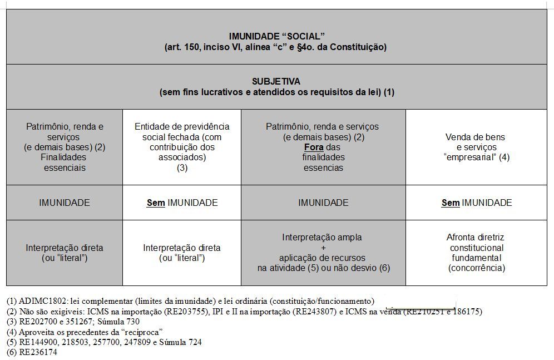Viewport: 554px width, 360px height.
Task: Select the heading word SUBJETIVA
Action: pos(276,81)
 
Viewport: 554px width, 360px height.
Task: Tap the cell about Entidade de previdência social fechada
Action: pos(182,147)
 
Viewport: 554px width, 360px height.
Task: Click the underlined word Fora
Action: pos(314,147)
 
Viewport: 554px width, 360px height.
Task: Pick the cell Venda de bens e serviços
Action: pos(477,147)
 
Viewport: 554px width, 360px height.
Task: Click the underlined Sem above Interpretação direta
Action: pos(156,203)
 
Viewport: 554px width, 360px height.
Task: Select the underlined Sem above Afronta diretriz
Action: pos(451,203)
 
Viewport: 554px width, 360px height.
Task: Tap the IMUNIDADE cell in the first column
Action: pos(65,203)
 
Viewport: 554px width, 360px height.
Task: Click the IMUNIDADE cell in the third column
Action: pos(323,203)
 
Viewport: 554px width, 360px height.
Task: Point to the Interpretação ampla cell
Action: pos(323,253)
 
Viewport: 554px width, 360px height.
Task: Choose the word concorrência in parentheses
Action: pos(477,268)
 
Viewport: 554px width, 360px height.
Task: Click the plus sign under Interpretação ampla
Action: pos(323,248)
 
